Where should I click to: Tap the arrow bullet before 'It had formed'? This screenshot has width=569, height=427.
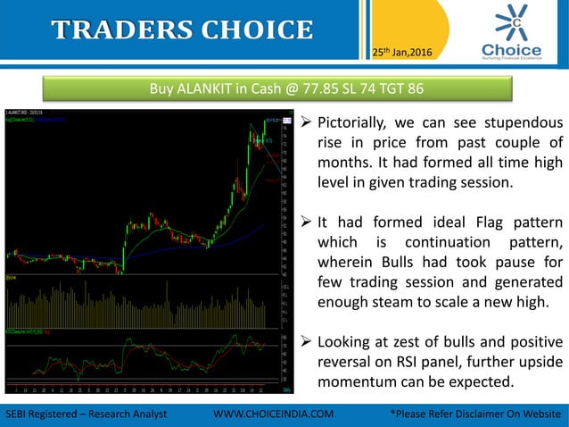[304, 222]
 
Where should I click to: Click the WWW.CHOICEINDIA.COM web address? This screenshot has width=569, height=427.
[276, 414]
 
